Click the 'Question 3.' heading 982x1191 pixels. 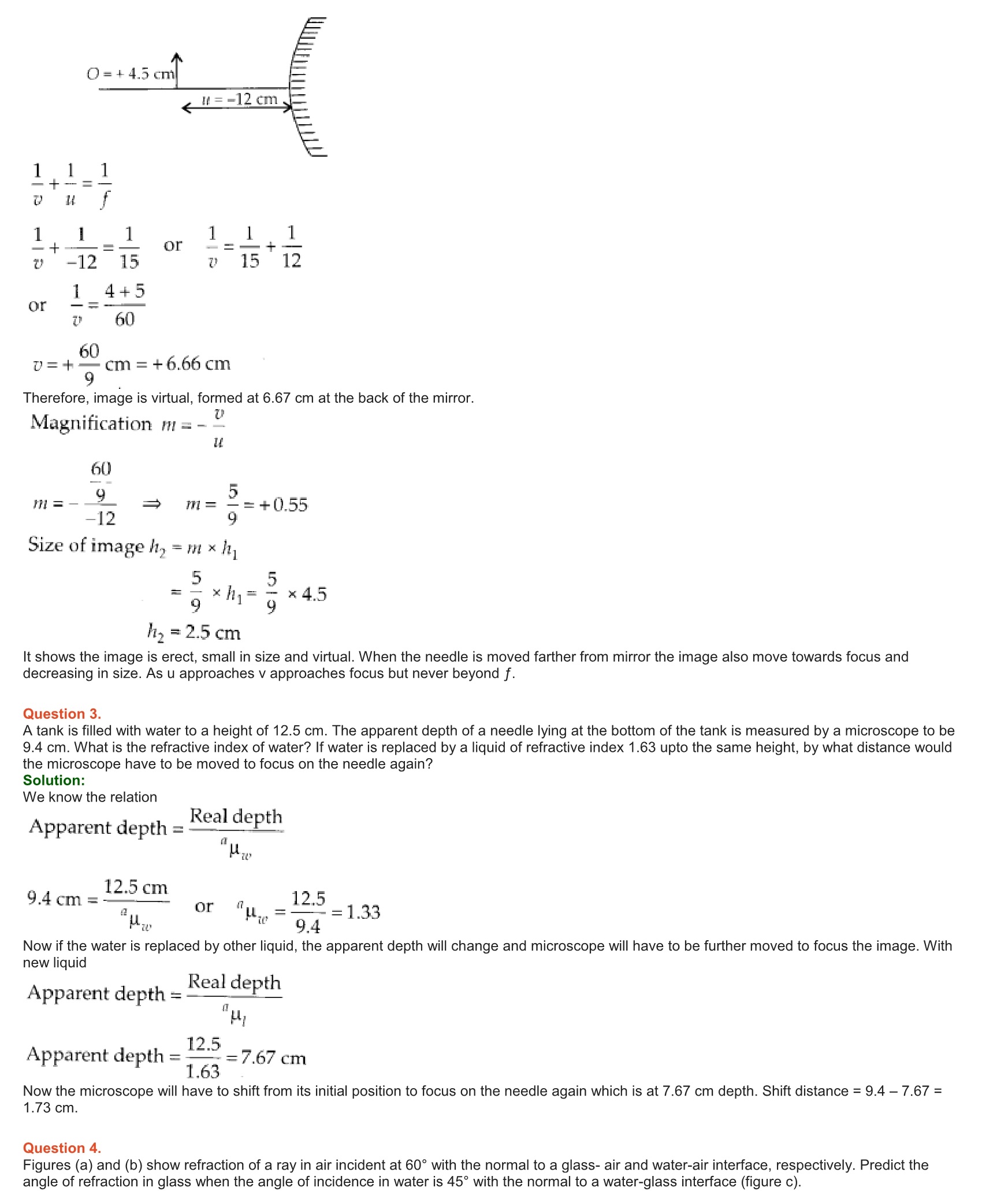click(62, 714)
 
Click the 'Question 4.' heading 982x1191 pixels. click(62, 1148)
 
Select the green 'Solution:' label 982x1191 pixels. click(54, 780)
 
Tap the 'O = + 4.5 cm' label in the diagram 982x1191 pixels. click(131, 74)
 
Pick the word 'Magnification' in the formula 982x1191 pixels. click(91, 423)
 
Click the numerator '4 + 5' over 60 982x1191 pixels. click(124, 291)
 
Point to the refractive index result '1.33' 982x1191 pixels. click(363, 912)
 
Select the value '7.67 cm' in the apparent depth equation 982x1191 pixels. click(273, 1058)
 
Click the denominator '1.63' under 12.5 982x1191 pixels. click(203, 1072)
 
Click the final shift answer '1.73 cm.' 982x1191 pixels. click(50, 1108)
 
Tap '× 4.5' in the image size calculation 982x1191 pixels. click(307, 594)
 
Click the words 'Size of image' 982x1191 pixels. click(85, 545)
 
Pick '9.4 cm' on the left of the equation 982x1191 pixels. click(54, 899)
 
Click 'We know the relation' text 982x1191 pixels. click(90, 797)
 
